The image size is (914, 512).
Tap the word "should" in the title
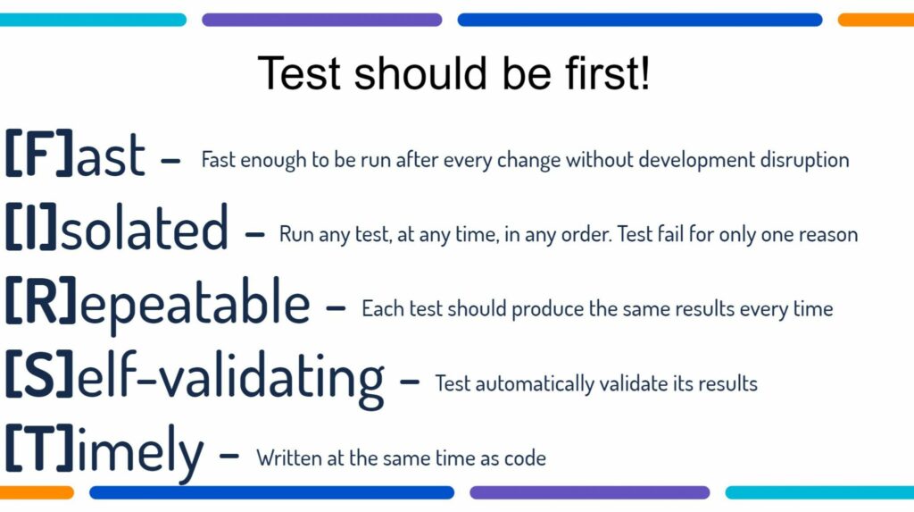coord(420,73)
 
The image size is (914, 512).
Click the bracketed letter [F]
coord(39,154)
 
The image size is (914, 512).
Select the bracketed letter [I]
coord(31,227)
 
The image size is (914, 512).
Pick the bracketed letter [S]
coord(39,375)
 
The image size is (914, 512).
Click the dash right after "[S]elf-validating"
coord(410,382)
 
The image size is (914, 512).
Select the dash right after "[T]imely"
coord(229,456)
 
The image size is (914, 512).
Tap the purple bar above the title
coord(321,20)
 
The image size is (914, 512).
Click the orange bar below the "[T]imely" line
coord(37,492)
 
